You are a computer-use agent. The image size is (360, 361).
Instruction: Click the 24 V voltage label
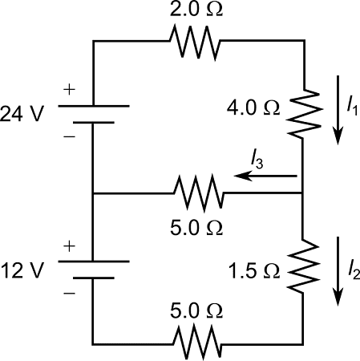(x=26, y=112)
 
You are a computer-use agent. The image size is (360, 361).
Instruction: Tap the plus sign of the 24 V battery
(x=70, y=90)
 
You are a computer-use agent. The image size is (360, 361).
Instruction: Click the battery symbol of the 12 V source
(x=95, y=269)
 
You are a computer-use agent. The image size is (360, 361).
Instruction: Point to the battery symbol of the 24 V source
(x=95, y=113)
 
